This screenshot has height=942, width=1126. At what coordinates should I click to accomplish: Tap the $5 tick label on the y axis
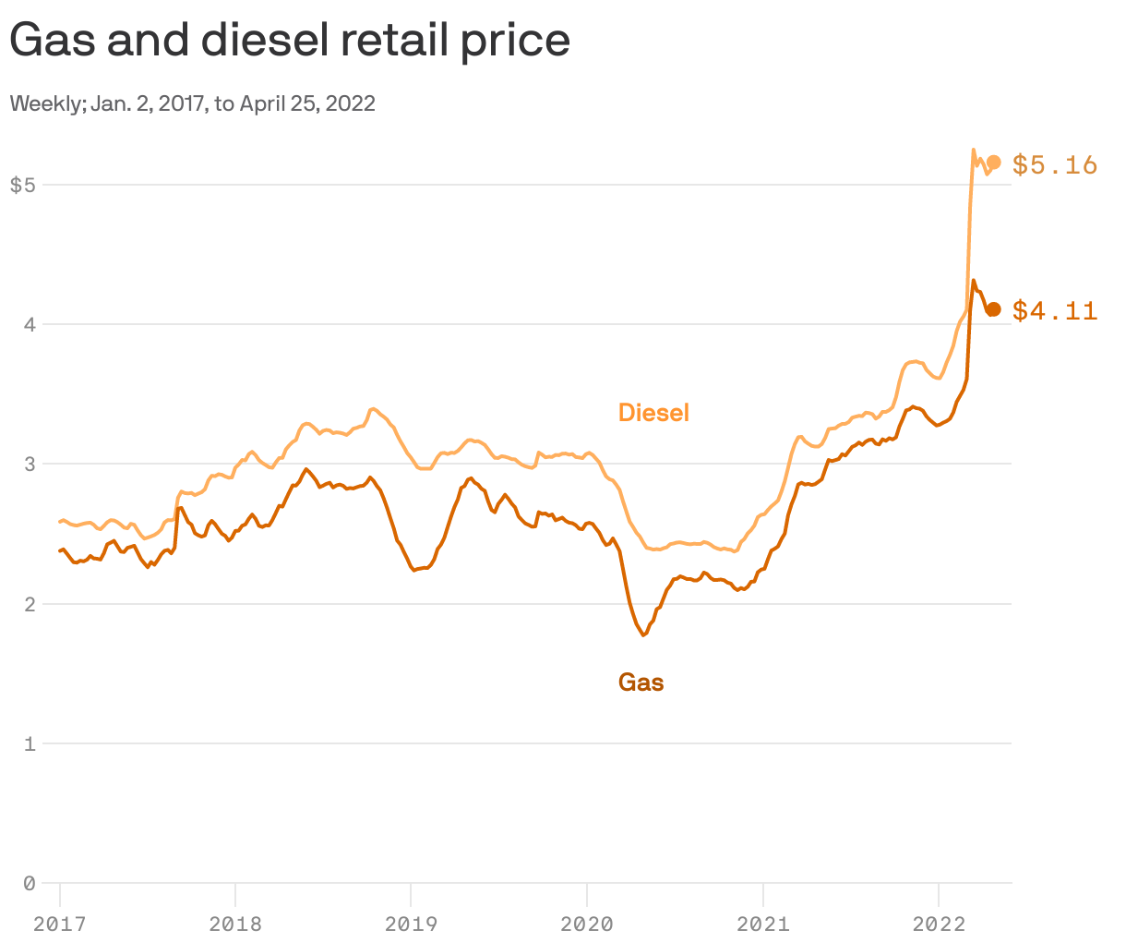pyautogui.click(x=22, y=185)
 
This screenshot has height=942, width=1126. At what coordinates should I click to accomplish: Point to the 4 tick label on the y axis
pyautogui.click(x=29, y=324)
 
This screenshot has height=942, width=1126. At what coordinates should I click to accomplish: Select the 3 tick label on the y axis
pyautogui.click(x=29, y=464)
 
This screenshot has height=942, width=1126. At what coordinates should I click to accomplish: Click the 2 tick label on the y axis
pyautogui.click(x=29, y=604)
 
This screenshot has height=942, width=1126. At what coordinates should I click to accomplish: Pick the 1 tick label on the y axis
pyautogui.click(x=29, y=743)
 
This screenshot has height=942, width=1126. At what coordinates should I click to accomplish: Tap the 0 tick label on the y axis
pyautogui.click(x=29, y=884)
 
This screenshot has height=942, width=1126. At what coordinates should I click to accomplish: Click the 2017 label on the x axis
pyautogui.click(x=60, y=924)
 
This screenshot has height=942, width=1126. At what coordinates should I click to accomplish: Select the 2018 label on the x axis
pyautogui.click(x=235, y=924)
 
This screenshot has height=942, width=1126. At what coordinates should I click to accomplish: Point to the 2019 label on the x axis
pyautogui.click(x=411, y=924)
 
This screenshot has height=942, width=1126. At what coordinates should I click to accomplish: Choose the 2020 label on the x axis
pyautogui.click(x=587, y=924)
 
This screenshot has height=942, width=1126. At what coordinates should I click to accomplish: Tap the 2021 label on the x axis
pyautogui.click(x=762, y=924)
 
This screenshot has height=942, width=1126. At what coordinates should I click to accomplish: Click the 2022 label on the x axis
pyautogui.click(x=938, y=924)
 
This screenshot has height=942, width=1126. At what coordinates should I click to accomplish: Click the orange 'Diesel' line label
pyautogui.click(x=653, y=413)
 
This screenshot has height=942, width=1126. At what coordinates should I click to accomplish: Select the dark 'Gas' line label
pyautogui.click(x=641, y=682)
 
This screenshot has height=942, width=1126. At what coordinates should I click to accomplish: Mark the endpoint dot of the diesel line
pyautogui.click(x=994, y=163)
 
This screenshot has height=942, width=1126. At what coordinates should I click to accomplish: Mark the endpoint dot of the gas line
pyautogui.click(x=994, y=309)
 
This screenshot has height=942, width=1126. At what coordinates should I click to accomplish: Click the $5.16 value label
pyautogui.click(x=1055, y=164)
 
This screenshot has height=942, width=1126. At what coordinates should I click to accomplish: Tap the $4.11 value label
pyautogui.click(x=1055, y=311)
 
